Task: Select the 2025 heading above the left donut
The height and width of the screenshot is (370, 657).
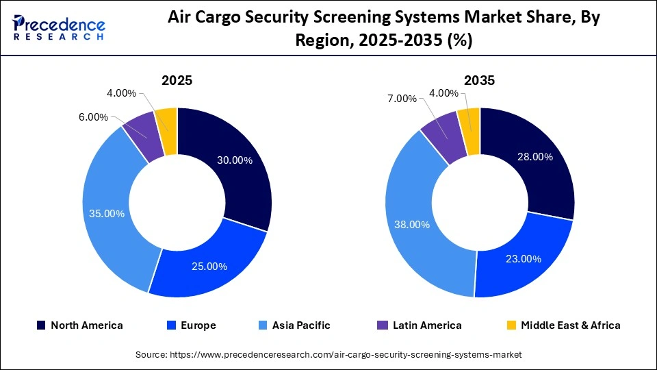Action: (x=177, y=80)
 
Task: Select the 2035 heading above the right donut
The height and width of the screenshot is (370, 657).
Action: (x=479, y=80)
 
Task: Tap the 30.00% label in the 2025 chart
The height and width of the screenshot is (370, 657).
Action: (x=234, y=160)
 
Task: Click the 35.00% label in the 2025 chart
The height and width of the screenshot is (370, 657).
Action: (x=107, y=214)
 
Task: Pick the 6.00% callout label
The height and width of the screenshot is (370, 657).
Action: (x=94, y=117)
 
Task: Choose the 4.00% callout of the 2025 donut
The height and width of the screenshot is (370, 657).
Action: (x=123, y=93)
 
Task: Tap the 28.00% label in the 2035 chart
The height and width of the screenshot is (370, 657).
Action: (x=534, y=157)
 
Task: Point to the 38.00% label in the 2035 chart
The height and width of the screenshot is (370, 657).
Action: (x=412, y=224)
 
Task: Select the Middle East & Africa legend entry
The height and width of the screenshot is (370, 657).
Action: (x=563, y=325)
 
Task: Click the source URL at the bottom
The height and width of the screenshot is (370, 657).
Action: (x=328, y=355)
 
